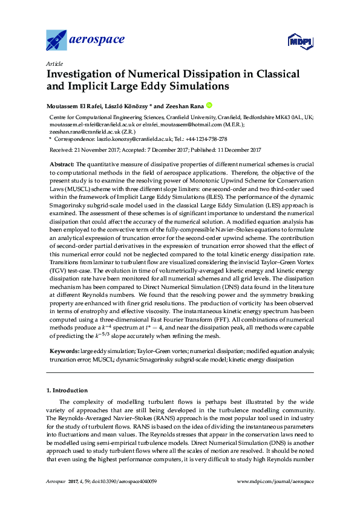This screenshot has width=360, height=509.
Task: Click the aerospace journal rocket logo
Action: (58, 40)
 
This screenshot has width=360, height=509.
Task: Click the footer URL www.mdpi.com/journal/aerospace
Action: (276, 481)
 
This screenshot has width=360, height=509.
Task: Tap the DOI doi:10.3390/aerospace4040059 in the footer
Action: (123, 481)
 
